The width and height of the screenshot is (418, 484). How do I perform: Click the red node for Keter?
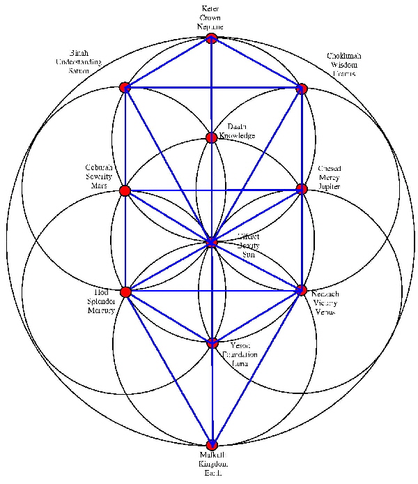[x=211, y=38]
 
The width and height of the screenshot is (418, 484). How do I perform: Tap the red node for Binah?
[x=125, y=87]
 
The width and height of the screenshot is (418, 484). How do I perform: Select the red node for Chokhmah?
[x=302, y=89]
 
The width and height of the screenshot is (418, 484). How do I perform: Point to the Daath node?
[x=211, y=137]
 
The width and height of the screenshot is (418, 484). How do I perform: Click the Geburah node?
[x=125, y=190]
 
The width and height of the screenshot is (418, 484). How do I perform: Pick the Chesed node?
[x=302, y=189]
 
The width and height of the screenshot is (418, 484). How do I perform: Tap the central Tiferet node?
[x=211, y=242]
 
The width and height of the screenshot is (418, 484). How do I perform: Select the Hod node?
[x=125, y=292]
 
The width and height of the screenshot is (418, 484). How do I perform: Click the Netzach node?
[x=302, y=289]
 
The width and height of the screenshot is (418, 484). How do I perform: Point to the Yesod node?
[x=212, y=342]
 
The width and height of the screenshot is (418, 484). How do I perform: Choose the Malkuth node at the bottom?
[x=212, y=445]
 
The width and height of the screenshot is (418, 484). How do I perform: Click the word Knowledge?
[x=237, y=135]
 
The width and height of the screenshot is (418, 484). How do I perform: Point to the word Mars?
[x=95, y=186]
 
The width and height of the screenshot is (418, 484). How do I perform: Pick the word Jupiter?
[x=330, y=187]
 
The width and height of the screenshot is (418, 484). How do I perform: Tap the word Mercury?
[x=101, y=310]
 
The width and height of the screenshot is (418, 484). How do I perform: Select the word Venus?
[x=325, y=311]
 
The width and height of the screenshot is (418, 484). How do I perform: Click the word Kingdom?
[x=213, y=464]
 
